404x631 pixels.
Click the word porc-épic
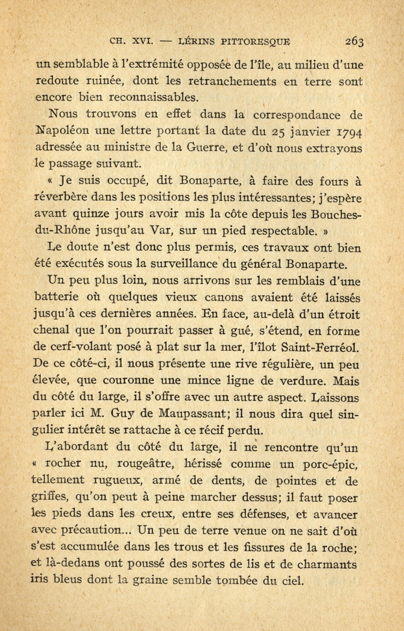click(326, 464)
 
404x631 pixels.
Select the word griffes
click(49, 498)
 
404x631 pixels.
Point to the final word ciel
click(291, 580)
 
